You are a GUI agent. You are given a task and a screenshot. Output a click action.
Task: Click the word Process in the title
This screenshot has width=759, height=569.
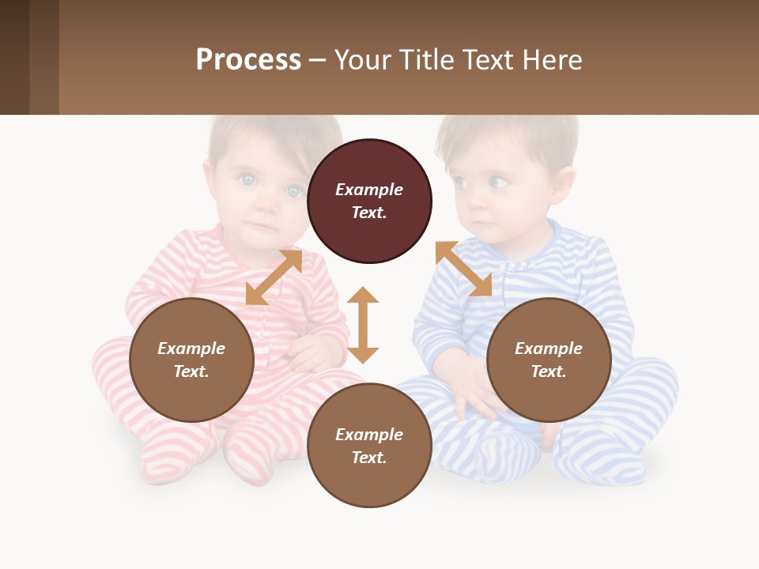coord(248,60)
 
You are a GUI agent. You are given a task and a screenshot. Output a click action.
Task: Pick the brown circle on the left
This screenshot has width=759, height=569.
coord(191,360)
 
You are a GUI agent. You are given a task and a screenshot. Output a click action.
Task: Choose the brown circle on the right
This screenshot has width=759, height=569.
coord(549,360)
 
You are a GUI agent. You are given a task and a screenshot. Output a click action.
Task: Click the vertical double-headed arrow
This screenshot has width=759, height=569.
coord(363,325)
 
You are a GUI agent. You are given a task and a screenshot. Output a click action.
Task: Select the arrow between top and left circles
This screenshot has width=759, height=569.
coord(274,277)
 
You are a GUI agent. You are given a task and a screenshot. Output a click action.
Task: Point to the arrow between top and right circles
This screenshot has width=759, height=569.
coord(463,269)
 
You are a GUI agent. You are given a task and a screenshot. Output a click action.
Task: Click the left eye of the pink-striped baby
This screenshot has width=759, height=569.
coord(248,180)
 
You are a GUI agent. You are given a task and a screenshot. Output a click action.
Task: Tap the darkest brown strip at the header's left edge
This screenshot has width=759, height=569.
coord(14,57)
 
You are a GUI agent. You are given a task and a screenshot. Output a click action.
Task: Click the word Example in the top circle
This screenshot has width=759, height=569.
coord(369,190)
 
